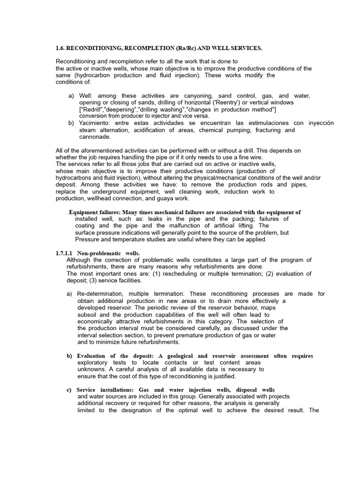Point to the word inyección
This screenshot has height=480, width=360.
tap(319, 123)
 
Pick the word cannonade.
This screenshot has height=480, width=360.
tap(95, 137)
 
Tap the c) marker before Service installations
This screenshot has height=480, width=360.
tap(69, 390)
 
